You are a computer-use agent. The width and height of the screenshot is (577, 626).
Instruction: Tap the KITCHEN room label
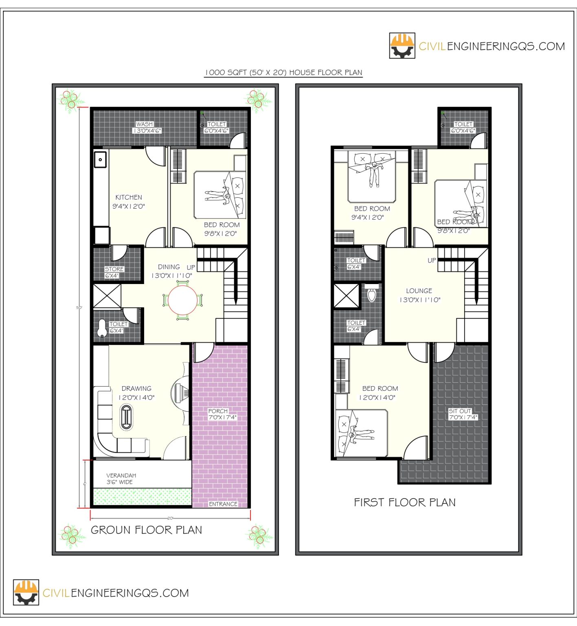click(x=129, y=197)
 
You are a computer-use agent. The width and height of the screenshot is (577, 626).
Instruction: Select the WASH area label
click(x=145, y=124)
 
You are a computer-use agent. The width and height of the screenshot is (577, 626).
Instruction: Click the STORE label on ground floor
click(x=114, y=269)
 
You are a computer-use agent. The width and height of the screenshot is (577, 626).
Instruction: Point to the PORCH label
click(x=218, y=411)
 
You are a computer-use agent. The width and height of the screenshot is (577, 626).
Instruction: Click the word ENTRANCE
click(x=223, y=504)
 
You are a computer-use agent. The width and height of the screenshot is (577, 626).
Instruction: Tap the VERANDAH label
click(x=121, y=475)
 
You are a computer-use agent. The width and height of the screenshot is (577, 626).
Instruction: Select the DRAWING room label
click(x=136, y=388)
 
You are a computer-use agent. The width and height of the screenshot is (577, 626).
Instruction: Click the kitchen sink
click(x=100, y=159)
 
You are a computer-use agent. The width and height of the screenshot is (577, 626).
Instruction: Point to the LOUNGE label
click(x=419, y=291)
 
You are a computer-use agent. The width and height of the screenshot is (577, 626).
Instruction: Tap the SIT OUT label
click(x=460, y=411)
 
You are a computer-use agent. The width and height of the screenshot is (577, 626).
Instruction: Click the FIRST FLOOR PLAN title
click(x=404, y=502)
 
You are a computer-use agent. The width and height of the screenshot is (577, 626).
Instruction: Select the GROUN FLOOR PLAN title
click(x=146, y=530)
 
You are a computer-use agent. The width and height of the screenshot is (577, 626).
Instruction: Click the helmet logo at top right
click(x=402, y=46)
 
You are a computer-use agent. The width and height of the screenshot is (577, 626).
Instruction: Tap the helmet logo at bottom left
click(x=26, y=592)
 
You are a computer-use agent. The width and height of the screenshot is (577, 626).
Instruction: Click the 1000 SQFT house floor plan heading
click(x=283, y=73)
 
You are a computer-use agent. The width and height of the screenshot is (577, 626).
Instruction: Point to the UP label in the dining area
click(x=191, y=267)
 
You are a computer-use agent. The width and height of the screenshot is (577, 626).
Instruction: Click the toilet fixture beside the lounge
click(x=372, y=294)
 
